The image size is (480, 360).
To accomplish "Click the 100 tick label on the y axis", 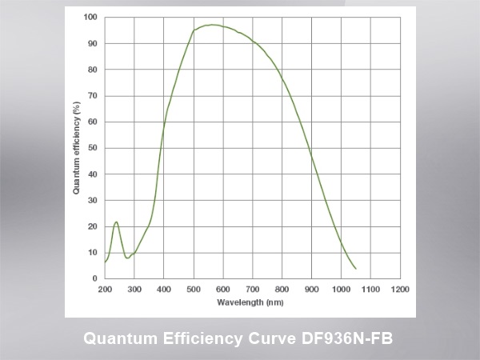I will click(90, 17).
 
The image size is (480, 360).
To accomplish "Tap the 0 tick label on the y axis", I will click(94, 278).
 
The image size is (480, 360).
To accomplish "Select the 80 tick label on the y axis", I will click(92, 70).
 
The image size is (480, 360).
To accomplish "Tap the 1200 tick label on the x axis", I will click(401, 289).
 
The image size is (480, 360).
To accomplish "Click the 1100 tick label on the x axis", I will click(371, 289).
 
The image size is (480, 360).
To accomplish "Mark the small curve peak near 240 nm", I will click(116, 222).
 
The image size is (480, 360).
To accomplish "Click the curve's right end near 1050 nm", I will click(356, 268).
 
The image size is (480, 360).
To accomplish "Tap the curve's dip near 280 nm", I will click(127, 258).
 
